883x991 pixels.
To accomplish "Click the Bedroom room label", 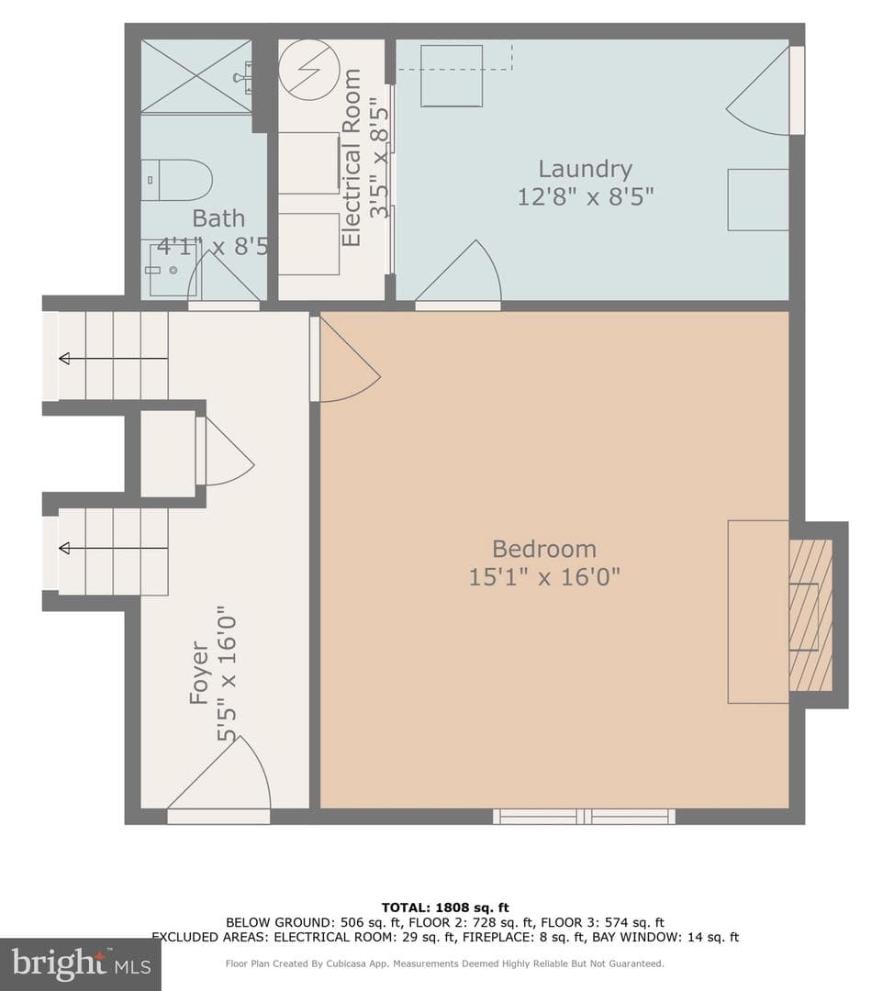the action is (544, 549).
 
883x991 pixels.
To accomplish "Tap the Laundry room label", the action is (585, 170).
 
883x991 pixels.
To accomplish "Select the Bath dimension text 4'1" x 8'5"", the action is (212, 246).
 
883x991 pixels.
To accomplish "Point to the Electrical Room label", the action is (351, 158).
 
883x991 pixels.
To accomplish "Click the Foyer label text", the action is (199, 673).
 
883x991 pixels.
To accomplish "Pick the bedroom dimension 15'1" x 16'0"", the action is (544, 577).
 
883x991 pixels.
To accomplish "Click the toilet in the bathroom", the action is (176, 180).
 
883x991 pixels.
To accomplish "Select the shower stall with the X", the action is (196, 76).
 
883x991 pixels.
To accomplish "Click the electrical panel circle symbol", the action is (309, 69).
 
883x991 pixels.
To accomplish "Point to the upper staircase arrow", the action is (113, 359).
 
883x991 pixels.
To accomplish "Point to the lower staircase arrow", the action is (113, 548).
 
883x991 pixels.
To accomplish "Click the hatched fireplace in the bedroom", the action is (810, 614).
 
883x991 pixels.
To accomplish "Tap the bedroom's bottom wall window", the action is (584, 816).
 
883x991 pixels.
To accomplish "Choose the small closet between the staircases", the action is (168, 453).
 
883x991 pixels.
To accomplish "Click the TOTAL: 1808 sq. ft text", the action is (445, 908).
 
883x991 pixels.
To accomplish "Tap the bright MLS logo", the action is (81, 963).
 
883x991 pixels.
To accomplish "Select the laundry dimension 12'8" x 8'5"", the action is (586, 197).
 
